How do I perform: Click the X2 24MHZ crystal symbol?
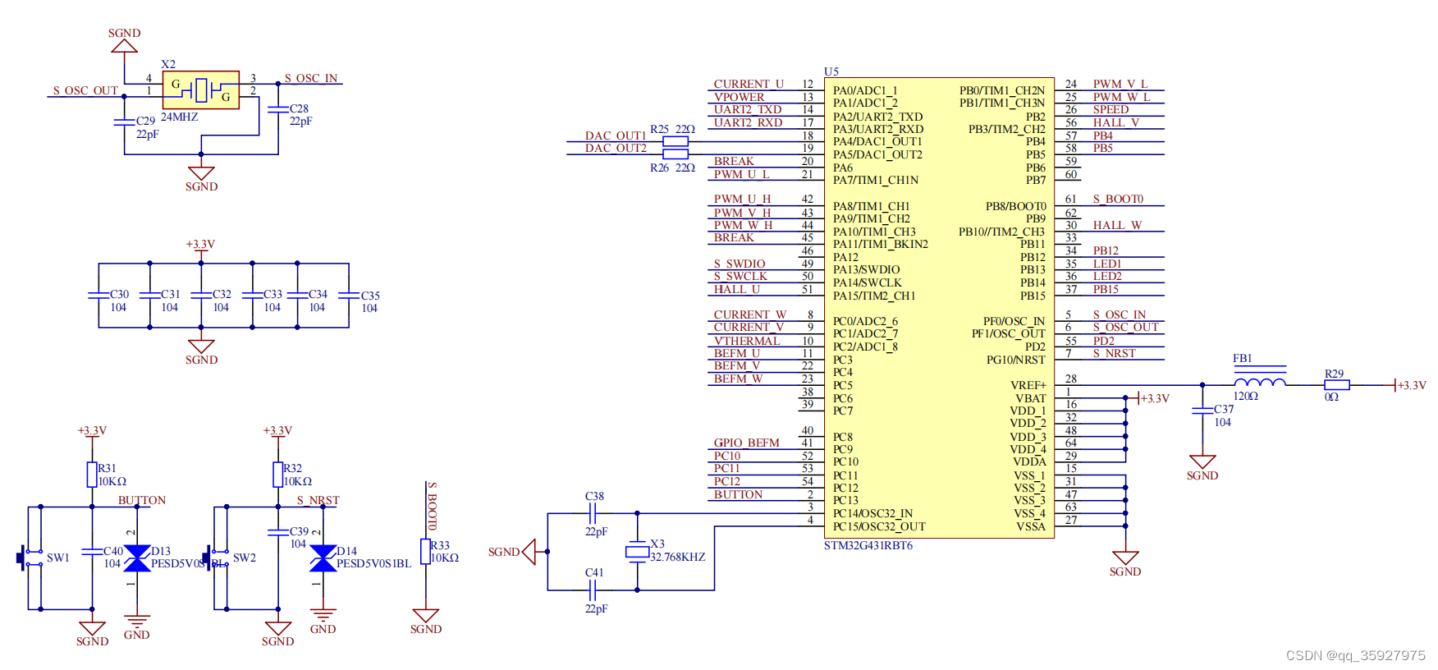[201, 89]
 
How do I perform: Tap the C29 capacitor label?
[145, 121]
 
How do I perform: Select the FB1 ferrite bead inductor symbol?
[1260, 382]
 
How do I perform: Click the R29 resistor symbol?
[1336, 385]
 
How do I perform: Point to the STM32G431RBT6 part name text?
[868, 546]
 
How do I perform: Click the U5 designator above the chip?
[831, 71]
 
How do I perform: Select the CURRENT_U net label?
[749, 84]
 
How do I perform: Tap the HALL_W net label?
[1116, 225]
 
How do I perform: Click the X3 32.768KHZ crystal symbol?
[637, 552]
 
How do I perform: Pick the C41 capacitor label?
[594, 572]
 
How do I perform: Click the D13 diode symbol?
[137, 558]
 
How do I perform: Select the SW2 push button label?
[245, 558]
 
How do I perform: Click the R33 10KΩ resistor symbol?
[425, 551]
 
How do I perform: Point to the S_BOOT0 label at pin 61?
[1117, 200]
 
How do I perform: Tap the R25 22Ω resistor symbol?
[675, 141]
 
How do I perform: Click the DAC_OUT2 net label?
[616, 149]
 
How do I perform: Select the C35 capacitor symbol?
[349, 296]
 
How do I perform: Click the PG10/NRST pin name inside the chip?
[1015, 360]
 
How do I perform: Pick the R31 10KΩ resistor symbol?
[92, 474]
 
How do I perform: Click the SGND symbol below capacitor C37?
[1202, 464]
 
